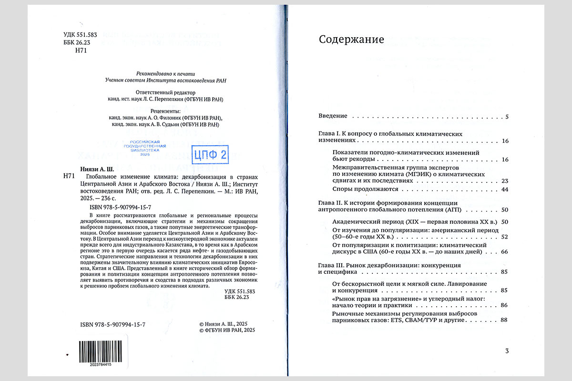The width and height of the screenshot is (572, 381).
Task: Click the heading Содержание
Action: (x=351, y=40)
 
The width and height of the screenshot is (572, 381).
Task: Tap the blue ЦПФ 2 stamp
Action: (x=210, y=154)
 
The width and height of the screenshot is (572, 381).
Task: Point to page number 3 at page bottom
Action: (x=507, y=351)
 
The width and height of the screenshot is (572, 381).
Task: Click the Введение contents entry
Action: (x=333, y=117)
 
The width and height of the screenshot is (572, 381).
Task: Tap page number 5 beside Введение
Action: (x=507, y=117)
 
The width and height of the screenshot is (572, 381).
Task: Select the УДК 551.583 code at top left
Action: (x=80, y=35)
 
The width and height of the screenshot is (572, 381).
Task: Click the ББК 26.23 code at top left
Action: (x=76, y=43)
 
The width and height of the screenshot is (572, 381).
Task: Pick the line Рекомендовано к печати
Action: (x=166, y=73)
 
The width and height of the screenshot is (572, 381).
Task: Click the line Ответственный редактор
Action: (x=166, y=92)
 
